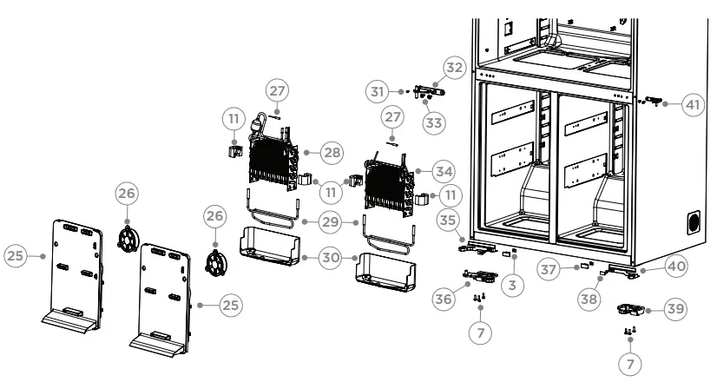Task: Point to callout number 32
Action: pyautogui.click(x=455, y=66)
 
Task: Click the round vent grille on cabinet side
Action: pyautogui.click(x=694, y=222)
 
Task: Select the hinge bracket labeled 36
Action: pyautogui.click(x=480, y=277)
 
